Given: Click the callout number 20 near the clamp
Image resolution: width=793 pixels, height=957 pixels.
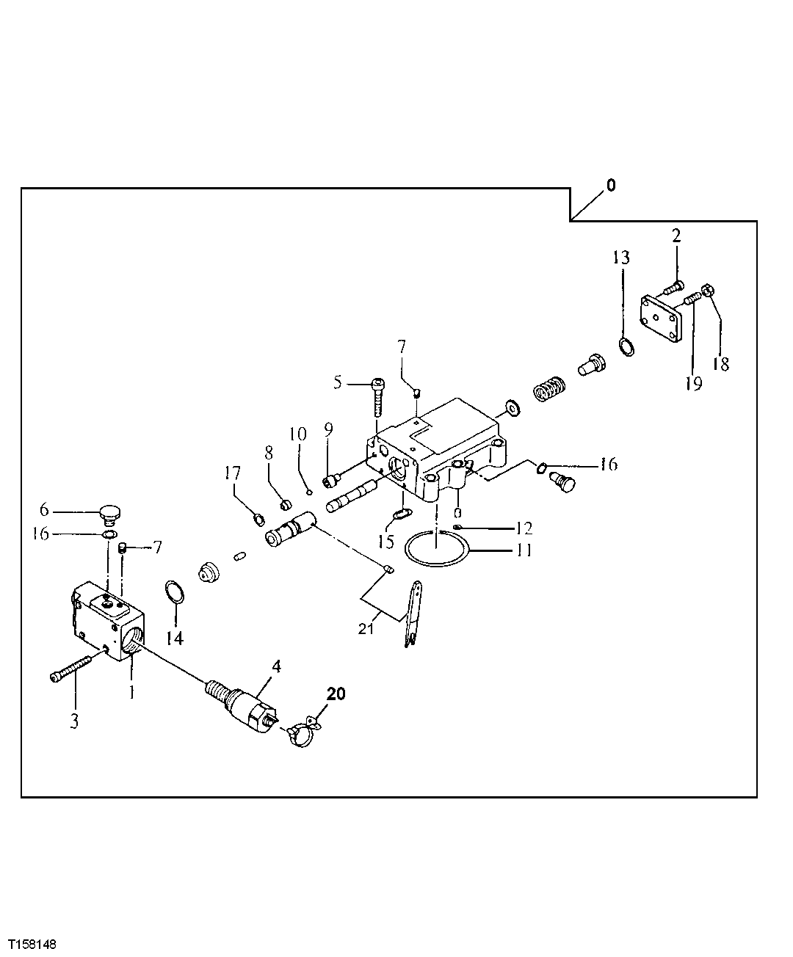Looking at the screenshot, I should tap(335, 693).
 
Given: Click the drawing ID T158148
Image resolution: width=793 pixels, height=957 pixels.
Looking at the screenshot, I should tap(32, 942).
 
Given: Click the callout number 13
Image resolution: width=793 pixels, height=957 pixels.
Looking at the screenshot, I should tap(622, 258).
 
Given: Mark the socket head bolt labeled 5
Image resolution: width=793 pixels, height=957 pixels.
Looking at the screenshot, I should tap(378, 396).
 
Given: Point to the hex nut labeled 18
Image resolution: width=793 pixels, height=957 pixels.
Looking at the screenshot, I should tap(709, 291).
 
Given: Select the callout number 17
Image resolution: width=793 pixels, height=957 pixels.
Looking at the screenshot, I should tap(233, 475).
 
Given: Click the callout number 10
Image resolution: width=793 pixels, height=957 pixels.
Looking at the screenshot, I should tap(297, 434).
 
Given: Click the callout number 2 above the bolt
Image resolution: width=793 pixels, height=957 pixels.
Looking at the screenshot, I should tap(676, 236).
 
